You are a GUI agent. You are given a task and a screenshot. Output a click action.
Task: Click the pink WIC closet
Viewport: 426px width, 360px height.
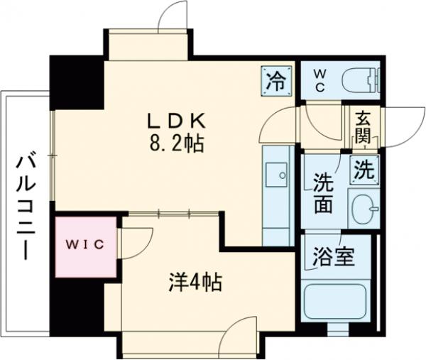[x=86, y=246]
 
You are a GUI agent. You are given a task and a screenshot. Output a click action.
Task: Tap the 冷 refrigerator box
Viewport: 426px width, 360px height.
[x=275, y=78]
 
